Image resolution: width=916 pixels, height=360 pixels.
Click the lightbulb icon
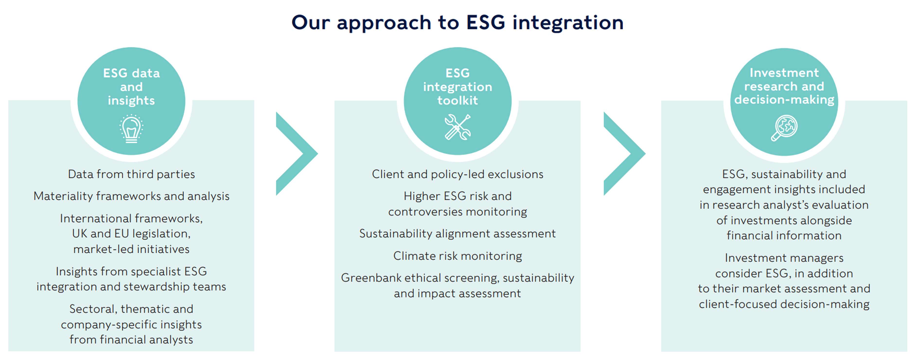pyautogui.click(x=131, y=129)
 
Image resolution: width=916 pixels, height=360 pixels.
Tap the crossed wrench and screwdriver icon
pyautogui.click(x=458, y=127)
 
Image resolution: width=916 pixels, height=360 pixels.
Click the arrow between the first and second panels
pyautogui.click(x=297, y=154)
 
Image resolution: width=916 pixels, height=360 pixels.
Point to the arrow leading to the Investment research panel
pyautogui.click(x=625, y=154)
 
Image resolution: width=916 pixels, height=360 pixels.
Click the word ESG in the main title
pyautogui.click(x=485, y=22)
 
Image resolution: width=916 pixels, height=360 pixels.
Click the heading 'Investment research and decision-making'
pyautogui.click(x=784, y=86)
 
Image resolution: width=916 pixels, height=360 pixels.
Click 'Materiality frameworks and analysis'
pyautogui.click(x=131, y=196)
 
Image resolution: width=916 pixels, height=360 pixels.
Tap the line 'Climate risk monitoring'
pyautogui.click(x=458, y=256)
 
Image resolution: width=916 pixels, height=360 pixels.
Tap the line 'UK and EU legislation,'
pyautogui.click(x=131, y=234)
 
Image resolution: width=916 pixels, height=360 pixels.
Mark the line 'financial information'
pyautogui.click(x=784, y=235)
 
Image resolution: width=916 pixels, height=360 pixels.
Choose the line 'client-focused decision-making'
pyautogui.click(x=784, y=304)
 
